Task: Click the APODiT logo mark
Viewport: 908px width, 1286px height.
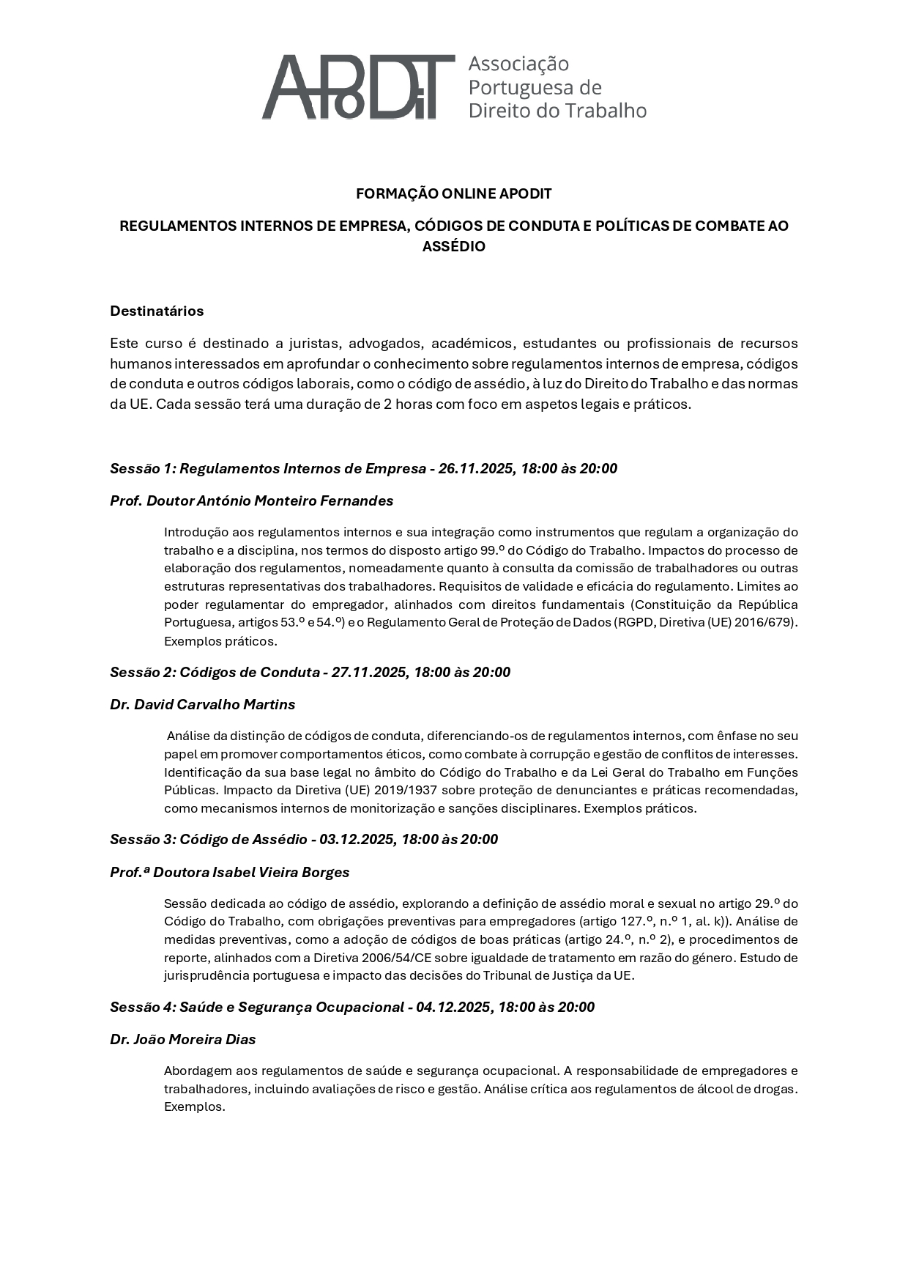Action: [358, 87]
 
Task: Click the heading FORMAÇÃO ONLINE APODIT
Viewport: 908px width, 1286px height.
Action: [453, 194]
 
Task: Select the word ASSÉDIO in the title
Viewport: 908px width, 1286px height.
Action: [453, 247]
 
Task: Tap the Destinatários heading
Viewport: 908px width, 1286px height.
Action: [157, 311]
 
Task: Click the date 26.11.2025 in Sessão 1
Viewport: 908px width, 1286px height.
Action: [476, 469]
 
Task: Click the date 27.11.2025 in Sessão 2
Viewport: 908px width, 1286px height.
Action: [369, 673]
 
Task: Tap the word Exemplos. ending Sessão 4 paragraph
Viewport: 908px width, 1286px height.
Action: [194, 1107]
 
